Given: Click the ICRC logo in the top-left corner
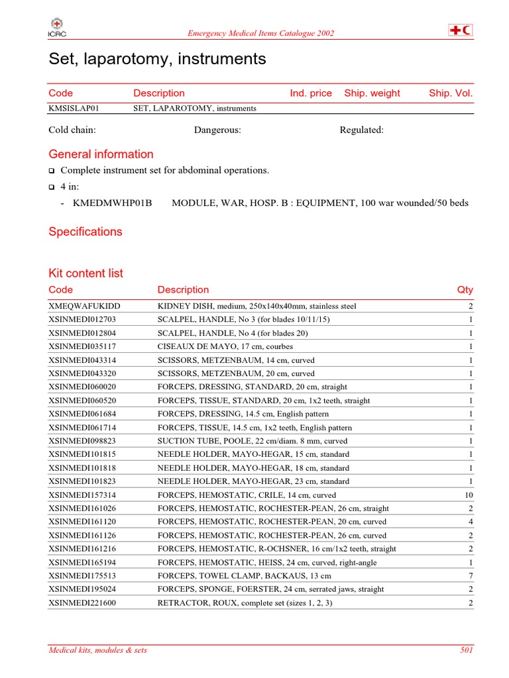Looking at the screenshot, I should point(57,29).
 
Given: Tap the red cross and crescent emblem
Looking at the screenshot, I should point(461,30).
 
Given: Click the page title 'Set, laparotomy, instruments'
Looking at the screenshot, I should point(157,59).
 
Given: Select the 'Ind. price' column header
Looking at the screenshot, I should point(311,93).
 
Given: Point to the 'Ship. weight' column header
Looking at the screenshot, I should point(372,93).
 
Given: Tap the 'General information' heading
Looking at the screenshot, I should point(101,154).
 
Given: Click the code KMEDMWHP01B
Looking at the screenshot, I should point(113,203).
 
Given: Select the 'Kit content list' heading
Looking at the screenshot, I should point(85,273).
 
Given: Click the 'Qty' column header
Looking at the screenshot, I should point(465,289).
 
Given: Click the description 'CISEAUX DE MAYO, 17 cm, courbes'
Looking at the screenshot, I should point(225,346).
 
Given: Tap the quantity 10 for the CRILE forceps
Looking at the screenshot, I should point(469,495).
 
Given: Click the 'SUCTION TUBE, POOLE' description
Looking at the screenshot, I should point(252,441).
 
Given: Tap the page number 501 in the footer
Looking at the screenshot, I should point(467,650).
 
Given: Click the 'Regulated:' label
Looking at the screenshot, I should point(361,130).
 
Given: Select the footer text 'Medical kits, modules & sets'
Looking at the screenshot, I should point(98,650).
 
